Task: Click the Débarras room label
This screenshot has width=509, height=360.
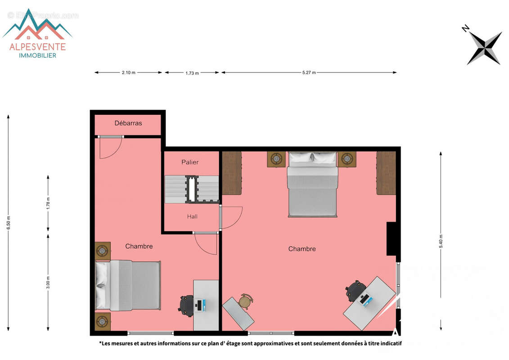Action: (128, 123)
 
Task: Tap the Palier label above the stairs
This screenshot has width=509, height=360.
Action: (190, 162)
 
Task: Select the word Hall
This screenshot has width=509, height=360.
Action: (192, 216)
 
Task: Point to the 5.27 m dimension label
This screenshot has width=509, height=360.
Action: (308, 72)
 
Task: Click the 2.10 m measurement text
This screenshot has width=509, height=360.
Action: (128, 72)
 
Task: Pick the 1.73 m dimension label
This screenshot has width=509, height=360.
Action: (192, 73)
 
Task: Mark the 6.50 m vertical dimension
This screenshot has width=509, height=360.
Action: (8, 223)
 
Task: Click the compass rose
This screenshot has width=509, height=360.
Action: (484, 47)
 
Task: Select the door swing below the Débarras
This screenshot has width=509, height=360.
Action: (110, 148)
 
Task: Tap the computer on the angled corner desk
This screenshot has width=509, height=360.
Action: (365, 299)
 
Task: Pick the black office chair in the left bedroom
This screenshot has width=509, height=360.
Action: (186, 306)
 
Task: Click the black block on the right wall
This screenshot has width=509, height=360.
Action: (391, 239)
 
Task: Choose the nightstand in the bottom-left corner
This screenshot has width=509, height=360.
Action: (103, 322)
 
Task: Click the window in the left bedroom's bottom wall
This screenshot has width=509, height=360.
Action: (151, 333)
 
